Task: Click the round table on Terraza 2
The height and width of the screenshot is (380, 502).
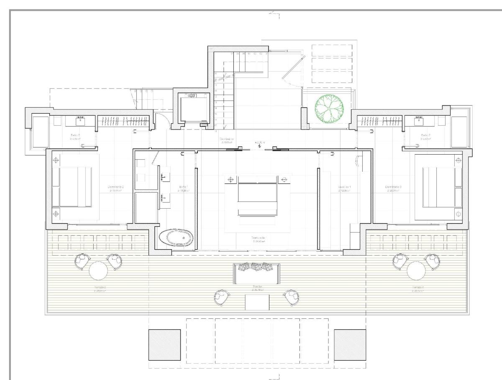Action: [98, 271]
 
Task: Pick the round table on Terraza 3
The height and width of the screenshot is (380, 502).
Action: [416, 271]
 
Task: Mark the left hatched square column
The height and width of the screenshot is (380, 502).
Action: [165, 344]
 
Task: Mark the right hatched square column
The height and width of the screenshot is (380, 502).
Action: [350, 344]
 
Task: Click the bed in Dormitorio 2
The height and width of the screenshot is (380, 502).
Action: [75, 186]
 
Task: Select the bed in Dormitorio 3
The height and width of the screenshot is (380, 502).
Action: [438, 186]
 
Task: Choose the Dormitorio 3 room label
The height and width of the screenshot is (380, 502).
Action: [394, 188]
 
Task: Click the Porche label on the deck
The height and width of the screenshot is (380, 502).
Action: [257, 288]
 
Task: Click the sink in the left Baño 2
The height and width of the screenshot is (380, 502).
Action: [81, 121]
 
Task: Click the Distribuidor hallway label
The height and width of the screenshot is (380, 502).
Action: [227, 140]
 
